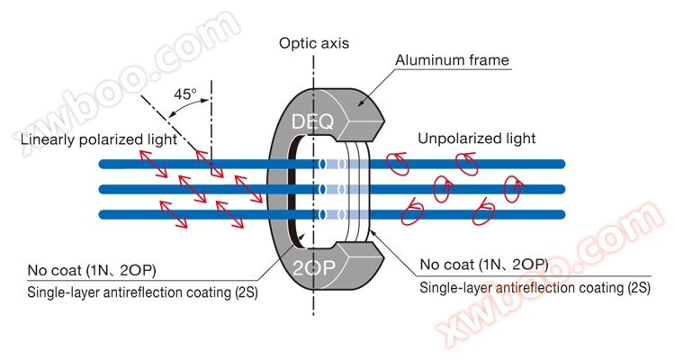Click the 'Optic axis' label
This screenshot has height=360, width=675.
314,43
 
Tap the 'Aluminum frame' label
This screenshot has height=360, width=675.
452,60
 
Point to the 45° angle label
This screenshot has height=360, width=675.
185,94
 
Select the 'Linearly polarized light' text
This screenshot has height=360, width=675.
99,139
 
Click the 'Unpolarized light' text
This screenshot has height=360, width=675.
476,139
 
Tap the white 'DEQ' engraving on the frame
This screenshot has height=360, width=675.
312,121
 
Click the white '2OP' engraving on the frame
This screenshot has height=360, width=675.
314,268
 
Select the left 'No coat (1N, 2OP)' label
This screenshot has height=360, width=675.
92,270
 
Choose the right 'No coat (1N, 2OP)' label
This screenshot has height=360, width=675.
484,265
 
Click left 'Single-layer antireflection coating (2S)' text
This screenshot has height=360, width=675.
142,292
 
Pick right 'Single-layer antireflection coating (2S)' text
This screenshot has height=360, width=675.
535,288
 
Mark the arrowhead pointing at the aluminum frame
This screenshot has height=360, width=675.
361,103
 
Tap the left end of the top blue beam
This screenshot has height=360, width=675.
102,164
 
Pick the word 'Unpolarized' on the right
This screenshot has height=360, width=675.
459,139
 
